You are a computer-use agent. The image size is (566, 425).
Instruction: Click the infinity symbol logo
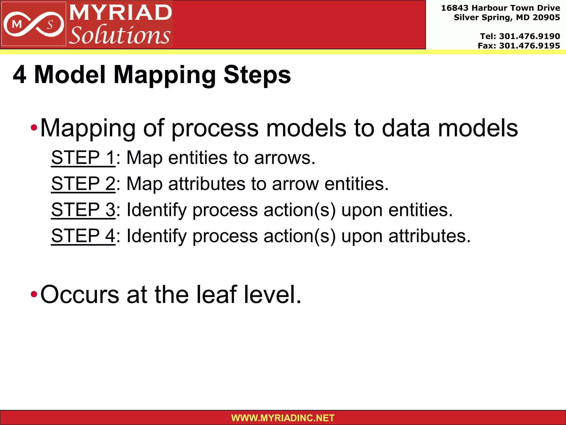click(x=33, y=25)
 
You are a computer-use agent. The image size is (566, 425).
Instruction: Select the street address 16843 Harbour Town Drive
click(x=500, y=8)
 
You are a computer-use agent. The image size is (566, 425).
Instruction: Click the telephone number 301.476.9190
click(x=529, y=36)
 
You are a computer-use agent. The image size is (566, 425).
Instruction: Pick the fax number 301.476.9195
click(x=529, y=46)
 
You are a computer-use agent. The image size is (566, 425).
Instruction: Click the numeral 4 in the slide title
click(x=20, y=75)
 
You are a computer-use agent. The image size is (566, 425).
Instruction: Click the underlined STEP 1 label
click(x=83, y=158)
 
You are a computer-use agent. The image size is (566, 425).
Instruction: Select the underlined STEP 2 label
click(x=83, y=184)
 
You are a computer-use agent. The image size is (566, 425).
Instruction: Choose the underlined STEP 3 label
click(x=83, y=210)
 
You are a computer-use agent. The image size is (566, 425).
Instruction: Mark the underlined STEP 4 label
click(x=83, y=236)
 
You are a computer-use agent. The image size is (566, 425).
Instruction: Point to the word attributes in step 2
click(x=206, y=184)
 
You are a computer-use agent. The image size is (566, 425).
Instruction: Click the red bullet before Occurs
click(x=34, y=295)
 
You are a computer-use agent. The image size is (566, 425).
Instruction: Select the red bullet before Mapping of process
click(x=34, y=128)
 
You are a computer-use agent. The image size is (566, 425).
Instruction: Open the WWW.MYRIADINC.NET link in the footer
click(x=283, y=418)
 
